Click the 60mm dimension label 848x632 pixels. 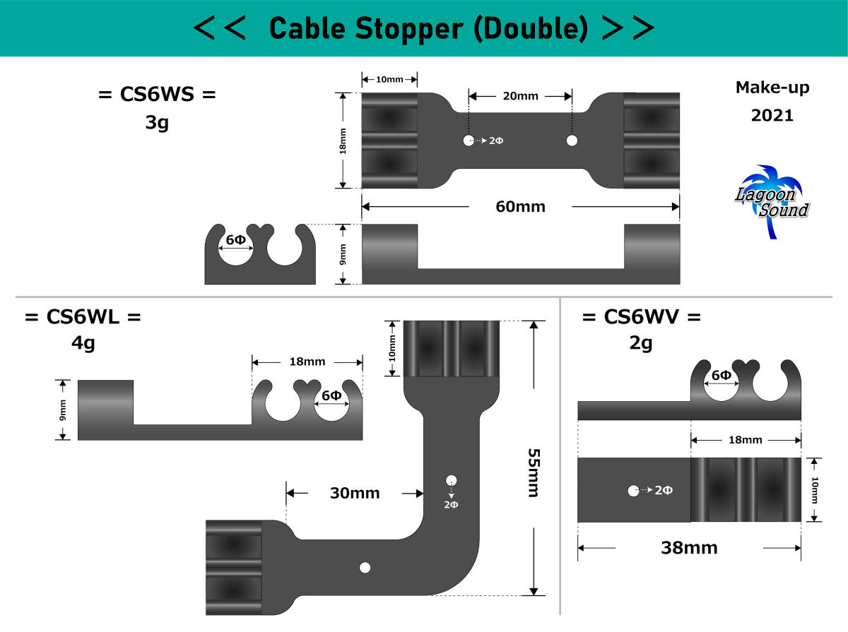click(520, 207)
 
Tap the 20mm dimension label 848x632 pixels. click(520, 96)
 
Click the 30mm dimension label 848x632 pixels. click(355, 493)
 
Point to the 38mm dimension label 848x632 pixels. click(689, 547)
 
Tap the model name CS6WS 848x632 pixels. click(157, 94)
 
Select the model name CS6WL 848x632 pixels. click(83, 317)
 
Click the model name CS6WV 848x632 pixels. click(641, 317)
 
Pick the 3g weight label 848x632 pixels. click(156, 124)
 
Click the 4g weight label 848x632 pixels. click(83, 344)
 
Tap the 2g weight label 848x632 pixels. click(641, 344)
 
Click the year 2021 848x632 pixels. click(772, 115)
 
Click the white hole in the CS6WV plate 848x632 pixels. click(633, 490)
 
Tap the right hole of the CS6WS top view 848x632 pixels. click(572, 141)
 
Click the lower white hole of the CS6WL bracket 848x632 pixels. click(365, 567)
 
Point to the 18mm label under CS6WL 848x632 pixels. click(307, 362)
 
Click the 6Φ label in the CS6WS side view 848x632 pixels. click(236, 240)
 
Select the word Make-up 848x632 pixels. click(772, 88)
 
